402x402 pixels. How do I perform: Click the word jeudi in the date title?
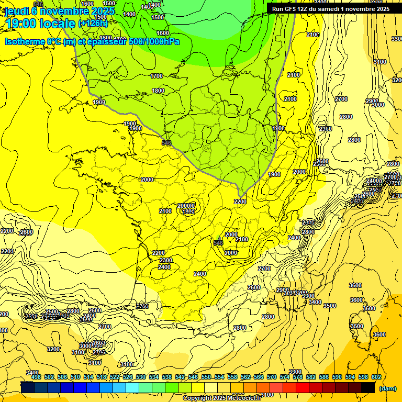click(x=17, y=10)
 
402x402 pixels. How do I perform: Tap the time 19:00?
click(x=23, y=24)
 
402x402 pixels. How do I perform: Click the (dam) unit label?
click(x=387, y=388)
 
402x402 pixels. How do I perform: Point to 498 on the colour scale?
click(x=36, y=377)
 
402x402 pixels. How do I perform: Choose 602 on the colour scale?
click(x=376, y=377)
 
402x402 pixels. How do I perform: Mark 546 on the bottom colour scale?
click(x=193, y=377)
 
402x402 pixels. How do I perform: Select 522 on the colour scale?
click(x=115, y=377)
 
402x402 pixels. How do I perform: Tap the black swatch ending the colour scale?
click(x=368, y=387)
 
